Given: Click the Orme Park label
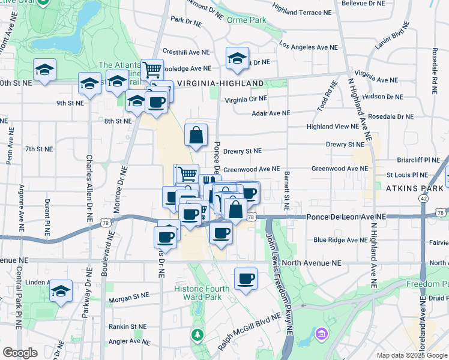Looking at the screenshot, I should tap(246, 20).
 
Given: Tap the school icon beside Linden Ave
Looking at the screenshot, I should tap(61, 291).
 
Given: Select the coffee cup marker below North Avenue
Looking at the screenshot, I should tap(246, 279).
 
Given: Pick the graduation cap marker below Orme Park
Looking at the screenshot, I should tap(238, 58).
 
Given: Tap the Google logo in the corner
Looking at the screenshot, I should tap(20, 352).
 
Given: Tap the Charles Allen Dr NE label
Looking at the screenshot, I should tap(89, 180).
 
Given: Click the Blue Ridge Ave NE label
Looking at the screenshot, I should tap(340, 240).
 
